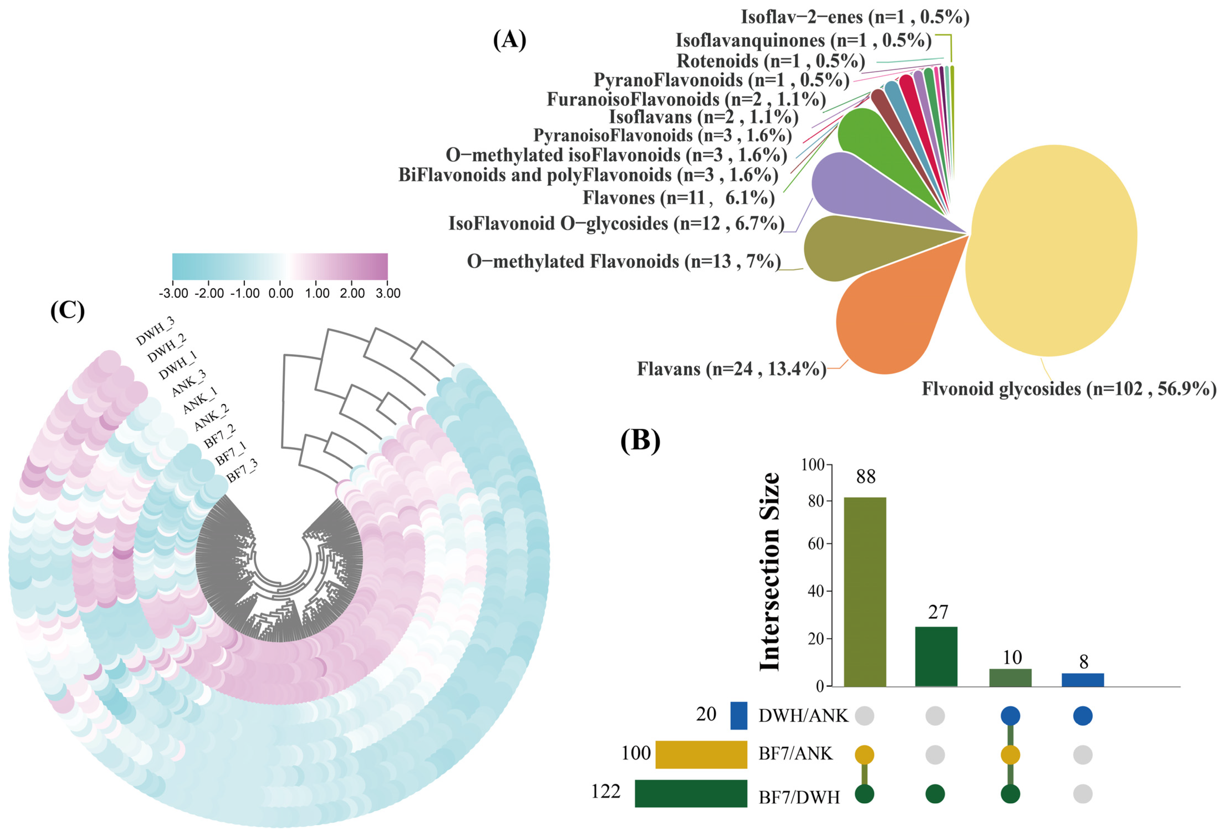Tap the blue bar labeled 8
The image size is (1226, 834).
1082,679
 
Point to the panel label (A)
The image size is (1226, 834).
509,40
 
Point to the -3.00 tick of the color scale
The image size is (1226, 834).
173,293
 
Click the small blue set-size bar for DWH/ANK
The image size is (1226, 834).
739,716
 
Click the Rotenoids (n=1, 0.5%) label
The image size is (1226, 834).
770,61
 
